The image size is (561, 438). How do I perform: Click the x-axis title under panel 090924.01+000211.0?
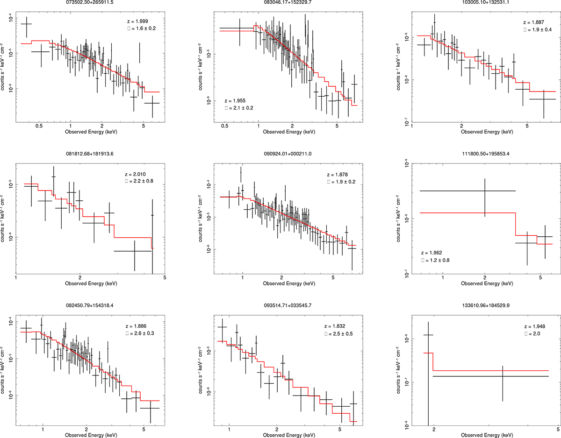click(285, 283)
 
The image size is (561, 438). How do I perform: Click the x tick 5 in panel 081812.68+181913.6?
click(165, 277)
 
